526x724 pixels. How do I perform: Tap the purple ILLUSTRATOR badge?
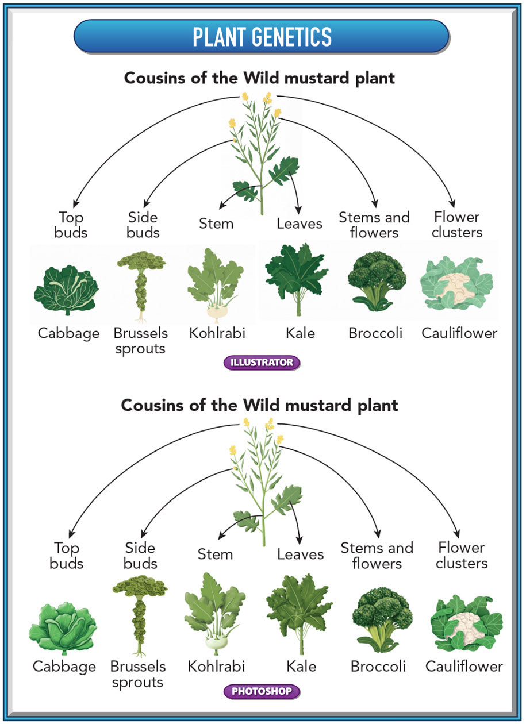pos(262,363)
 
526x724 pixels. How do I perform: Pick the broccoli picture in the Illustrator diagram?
pos(377,281)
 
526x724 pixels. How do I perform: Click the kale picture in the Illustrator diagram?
pos(297,280)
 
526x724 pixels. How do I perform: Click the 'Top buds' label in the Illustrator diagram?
pos(71,225)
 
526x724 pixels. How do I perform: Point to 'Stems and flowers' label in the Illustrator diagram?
pos(374,225)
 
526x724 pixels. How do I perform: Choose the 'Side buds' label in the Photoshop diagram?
pos(140,556)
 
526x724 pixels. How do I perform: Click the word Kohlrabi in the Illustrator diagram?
pos(217,333)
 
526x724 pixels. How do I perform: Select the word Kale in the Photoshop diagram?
pos(301,667)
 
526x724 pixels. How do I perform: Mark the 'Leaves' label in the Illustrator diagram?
pos(300,224)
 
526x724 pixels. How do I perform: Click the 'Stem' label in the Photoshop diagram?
pos(216,554)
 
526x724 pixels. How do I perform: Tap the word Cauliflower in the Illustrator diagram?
pos(459,333)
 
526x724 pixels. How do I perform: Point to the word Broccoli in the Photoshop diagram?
pos(378,667)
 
